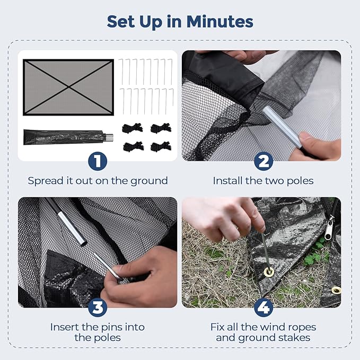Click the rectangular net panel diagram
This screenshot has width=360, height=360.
click(x=68, y=87)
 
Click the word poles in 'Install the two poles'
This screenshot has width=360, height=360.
click(x=300, y=181)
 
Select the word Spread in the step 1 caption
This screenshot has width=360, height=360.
click(x=45, y=181)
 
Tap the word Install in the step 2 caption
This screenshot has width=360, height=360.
click(x=228, y=181)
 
